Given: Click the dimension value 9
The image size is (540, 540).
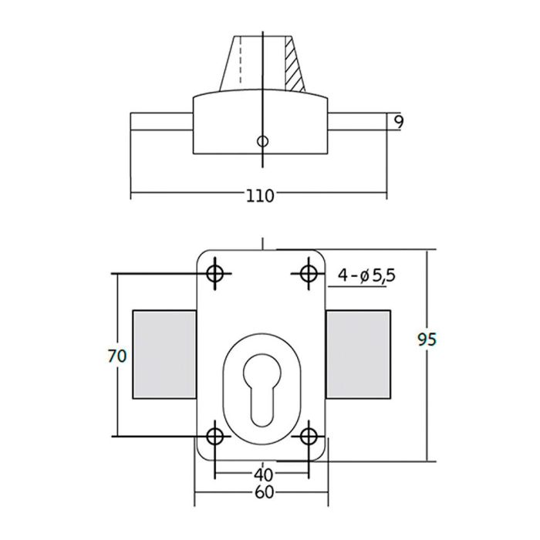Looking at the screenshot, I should [x=398, y=122].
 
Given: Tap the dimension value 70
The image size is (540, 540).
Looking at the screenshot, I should [x=117, y=356].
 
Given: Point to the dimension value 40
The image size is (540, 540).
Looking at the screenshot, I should [x=262, y=473].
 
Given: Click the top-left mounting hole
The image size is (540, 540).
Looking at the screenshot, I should [x=215, y=273].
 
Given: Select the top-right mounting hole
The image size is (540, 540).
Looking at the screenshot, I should [x=309, y=273].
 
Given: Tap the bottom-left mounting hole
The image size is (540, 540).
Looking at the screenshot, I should [x=215, y=436].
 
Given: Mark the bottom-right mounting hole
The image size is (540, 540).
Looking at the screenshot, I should [x=309, y=436].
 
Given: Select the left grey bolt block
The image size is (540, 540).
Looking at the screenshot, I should [x=164, y=355].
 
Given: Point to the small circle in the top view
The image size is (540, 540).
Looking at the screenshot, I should [x=262, y=141].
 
